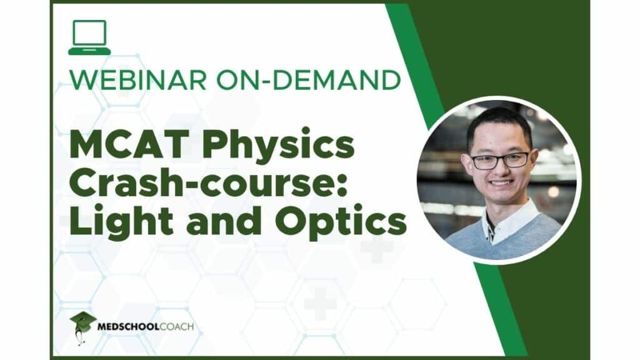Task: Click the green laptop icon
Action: pos(89,37)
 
